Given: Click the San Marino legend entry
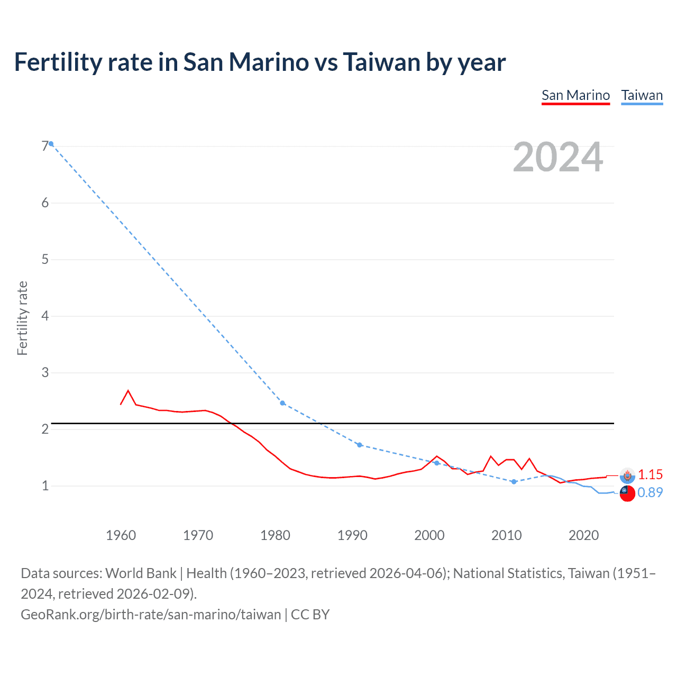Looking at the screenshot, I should tap(575, 96).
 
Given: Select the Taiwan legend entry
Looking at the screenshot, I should tap(642, 96).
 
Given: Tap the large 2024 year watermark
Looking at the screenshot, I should tap(557, 157).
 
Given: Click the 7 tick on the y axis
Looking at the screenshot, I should tap(44, 146).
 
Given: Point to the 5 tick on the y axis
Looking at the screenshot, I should tap(44, 259).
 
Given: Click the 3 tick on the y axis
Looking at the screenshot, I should tap(44, 372).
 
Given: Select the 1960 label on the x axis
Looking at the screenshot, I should tap(121, 535).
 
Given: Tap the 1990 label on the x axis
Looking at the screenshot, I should tap(352, 535).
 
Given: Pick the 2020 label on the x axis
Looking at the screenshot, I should tap(583, 535).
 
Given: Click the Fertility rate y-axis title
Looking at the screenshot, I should tap(22, 318).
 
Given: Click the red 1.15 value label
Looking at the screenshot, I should tap(650, 474).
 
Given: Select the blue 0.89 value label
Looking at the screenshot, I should tap(650, 492).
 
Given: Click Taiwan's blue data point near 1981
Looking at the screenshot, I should tap(282, 403).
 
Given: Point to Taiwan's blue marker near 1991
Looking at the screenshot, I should tap(360, 445).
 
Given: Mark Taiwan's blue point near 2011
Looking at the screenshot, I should tap(514, 482).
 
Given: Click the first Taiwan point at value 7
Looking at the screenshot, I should tap(51, 144).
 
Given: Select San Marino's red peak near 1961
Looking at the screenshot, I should tap(128, 391).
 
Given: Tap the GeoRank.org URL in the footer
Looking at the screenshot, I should tap(151, 615).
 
